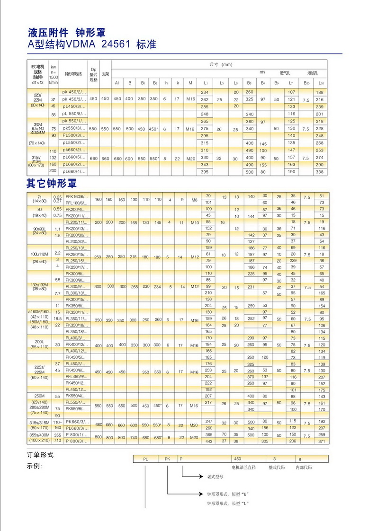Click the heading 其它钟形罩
52,183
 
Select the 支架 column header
106,74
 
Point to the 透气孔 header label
285,73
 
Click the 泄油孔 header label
313,73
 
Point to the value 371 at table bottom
322,441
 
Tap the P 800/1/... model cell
76,434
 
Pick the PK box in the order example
167,459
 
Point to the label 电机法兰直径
243,467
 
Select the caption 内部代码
304,467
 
